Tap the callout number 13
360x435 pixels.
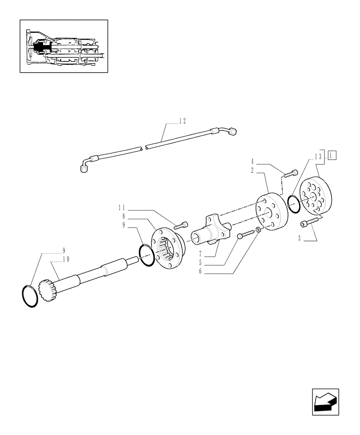(x=318, y=157)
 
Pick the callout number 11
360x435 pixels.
(x=122, y=208)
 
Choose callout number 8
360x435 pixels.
(x=123, y=216)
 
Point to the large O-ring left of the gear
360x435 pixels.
(x=30, y=296)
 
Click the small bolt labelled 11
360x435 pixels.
(x=181, y=225)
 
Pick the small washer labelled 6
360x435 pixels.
(x=258, y=229)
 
